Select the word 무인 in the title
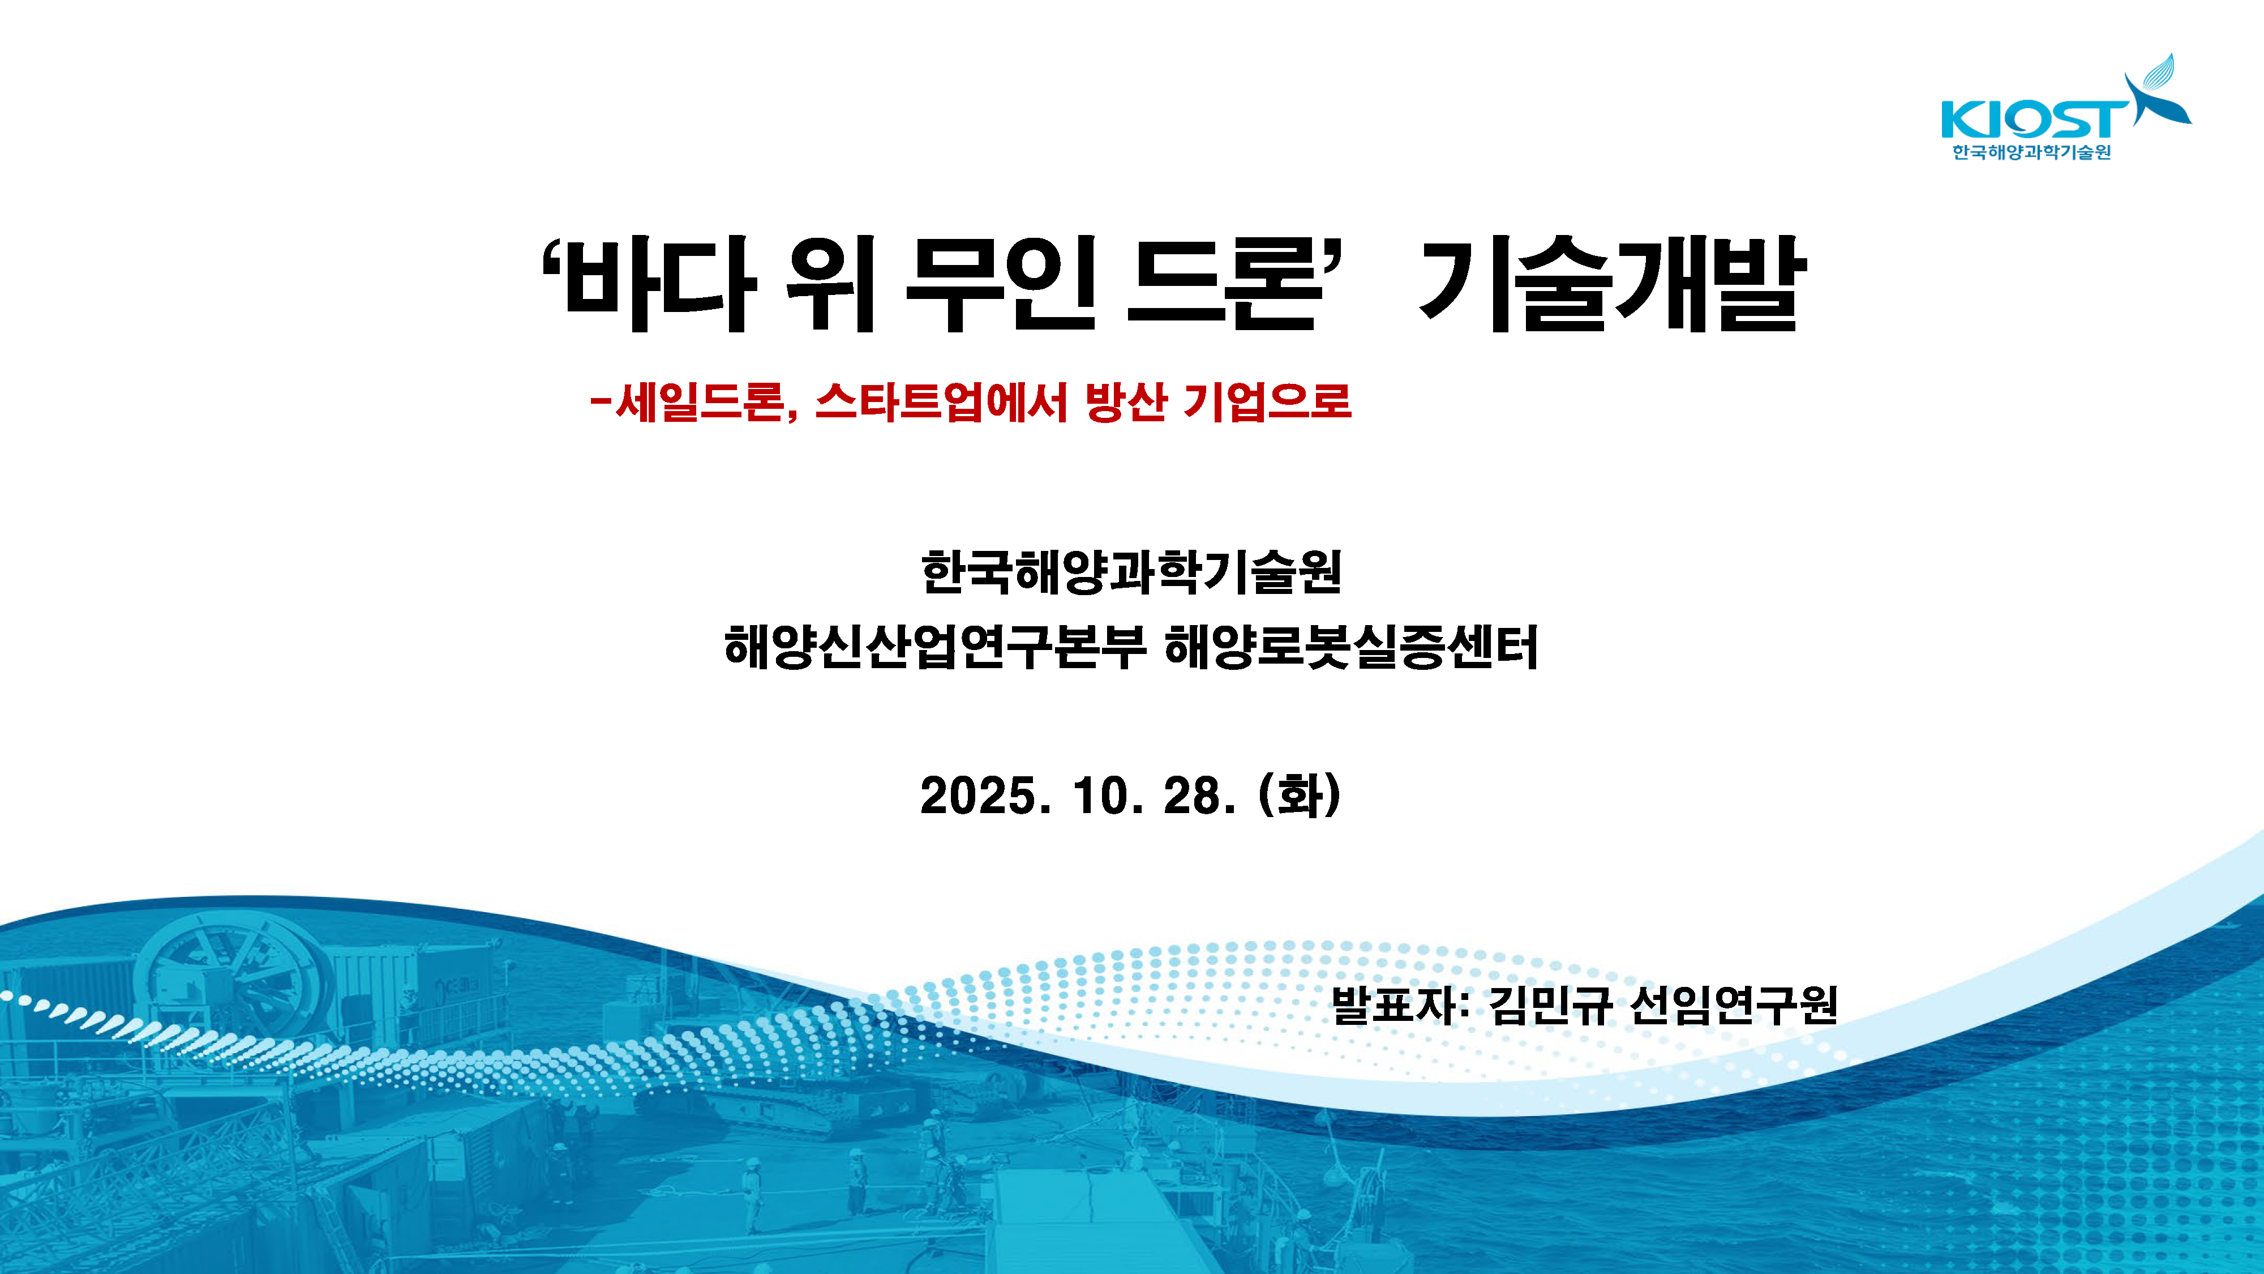[1001, 284]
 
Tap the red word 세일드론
[698, 402]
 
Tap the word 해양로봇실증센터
[1351, 647]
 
